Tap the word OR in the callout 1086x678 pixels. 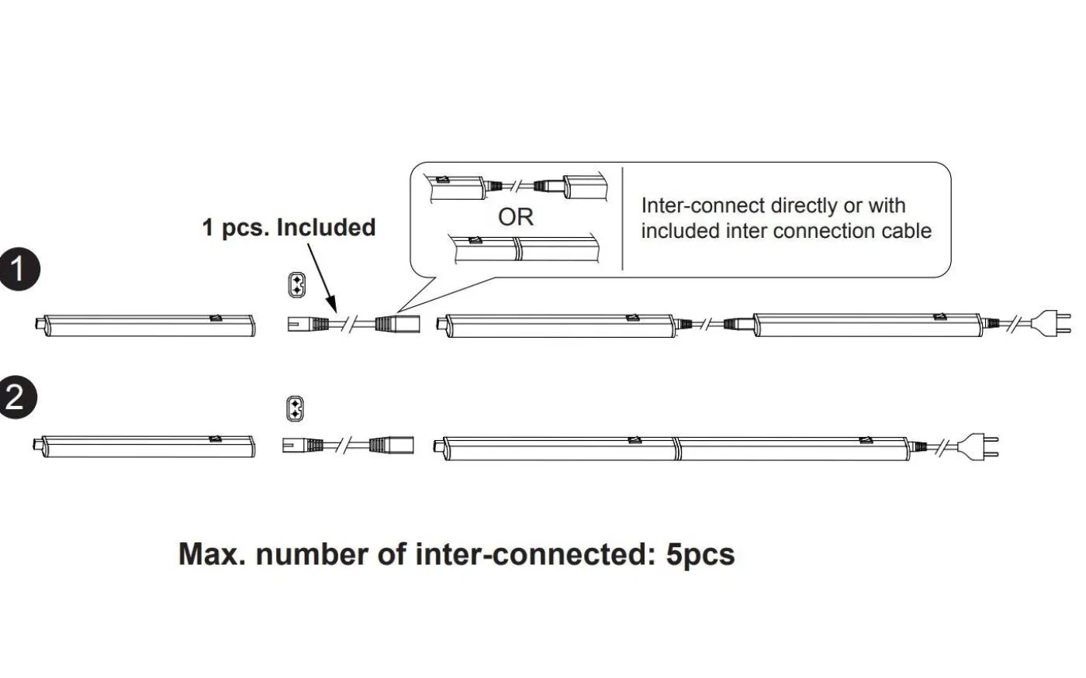click(516, 217)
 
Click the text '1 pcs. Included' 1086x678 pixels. click(289, 227)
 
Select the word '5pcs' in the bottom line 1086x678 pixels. click(700, 555)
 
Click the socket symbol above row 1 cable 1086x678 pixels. click(296, 284)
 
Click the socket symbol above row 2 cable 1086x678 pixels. click(295, 409)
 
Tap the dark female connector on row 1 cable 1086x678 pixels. click(397, 323)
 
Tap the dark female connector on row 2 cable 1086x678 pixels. click(391, 445)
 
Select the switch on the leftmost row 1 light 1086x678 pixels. click(216, 317)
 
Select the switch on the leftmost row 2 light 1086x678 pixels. click(214, 439)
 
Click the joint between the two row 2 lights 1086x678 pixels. click(676, 447)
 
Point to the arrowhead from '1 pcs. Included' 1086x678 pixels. click(331, 308)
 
